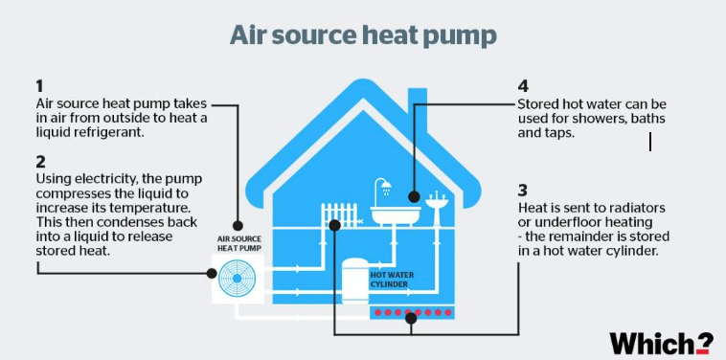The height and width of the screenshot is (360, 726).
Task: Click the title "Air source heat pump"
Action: click(363, 36)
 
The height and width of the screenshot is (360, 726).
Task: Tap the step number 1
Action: click(39, 85)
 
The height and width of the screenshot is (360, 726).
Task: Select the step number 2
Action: click(39, 161)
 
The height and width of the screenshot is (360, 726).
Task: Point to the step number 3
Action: click(522, 190)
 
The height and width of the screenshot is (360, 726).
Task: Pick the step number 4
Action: click(522, 85)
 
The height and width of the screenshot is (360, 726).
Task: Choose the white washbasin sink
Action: click(438, 205)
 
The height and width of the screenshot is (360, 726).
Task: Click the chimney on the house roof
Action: click(418, 107)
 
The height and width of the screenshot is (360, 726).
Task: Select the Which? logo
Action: click(661, 342)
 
